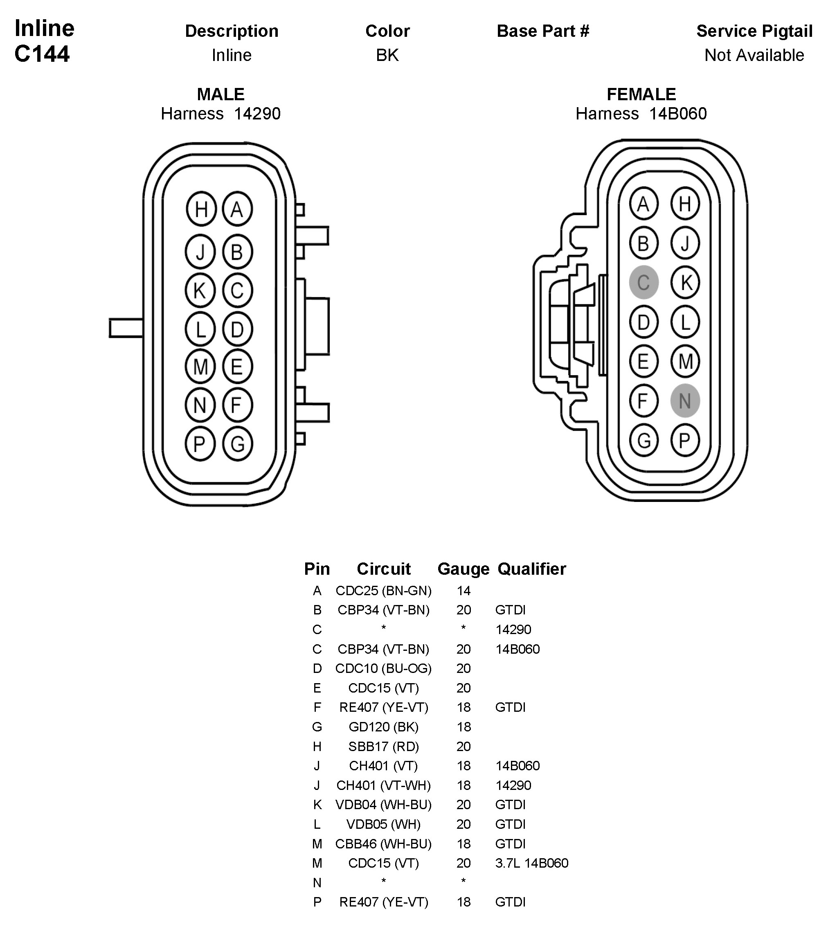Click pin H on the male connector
[x=201, y=209]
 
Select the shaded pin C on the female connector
[x=643, y=282]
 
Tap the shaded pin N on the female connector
[x=685, y=401]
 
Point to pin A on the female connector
[x=643, y=204]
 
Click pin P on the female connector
[x=685, y=441]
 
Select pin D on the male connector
[x=237, y=329]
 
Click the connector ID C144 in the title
[x=42, y=54]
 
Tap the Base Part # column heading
[x=542, y=31]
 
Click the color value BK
[x=387, y=55]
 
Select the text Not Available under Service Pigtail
[x=754, y=55]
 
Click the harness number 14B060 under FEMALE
[x=677, y=114]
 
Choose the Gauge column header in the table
[x=463, y=569]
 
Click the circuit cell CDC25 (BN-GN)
[x=383, y=591]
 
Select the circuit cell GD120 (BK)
[x=383, y=727]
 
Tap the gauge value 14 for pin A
[x=463, y=591]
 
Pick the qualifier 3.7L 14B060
[x=531, y=863]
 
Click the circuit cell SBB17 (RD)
[x=383, y=747]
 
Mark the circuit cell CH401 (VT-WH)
[x=383, y=785]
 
